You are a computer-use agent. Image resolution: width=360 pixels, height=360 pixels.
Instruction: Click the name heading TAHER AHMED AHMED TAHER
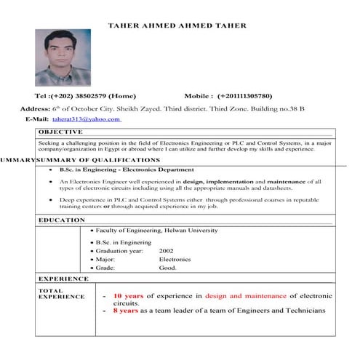pos(177,25)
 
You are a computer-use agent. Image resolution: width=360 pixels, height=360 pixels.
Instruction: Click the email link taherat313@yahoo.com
pos(86,119)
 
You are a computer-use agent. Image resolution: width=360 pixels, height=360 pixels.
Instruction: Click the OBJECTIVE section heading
pos(60,132)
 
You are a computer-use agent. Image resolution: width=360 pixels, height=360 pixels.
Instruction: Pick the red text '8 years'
pos(125,311)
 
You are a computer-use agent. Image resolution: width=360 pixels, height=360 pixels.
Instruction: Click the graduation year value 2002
pos(167,250)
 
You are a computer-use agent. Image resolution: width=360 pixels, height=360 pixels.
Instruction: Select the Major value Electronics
pos(175,259)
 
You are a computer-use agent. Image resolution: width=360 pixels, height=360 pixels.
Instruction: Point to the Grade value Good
pos(168,268)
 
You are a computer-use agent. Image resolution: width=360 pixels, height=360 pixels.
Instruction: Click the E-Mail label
pos(37,119)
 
